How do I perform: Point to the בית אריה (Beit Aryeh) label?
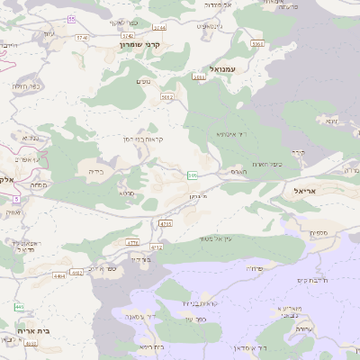33,331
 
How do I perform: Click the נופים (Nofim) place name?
144,82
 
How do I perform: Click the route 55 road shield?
71,18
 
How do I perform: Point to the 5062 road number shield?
166,95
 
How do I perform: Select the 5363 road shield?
257,43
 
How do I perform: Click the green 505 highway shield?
193,175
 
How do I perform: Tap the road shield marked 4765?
165,222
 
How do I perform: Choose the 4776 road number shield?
132,242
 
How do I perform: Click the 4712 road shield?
156,246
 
